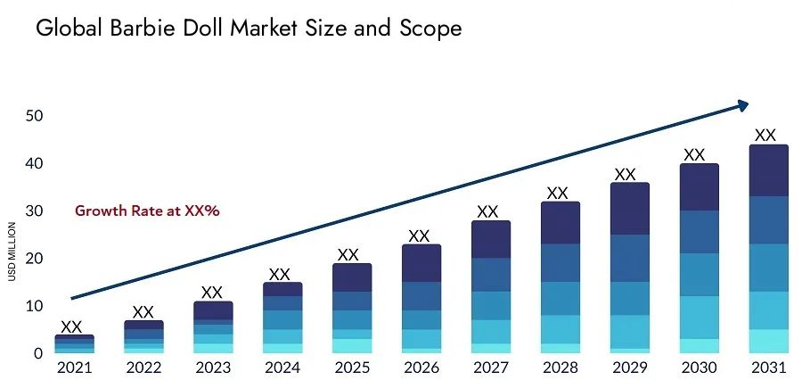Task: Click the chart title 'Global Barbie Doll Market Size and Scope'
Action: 249,29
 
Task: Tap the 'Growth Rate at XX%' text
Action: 147,211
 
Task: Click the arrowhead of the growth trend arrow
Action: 743,105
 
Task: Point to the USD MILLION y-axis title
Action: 12,252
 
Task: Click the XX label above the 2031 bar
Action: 765,136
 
